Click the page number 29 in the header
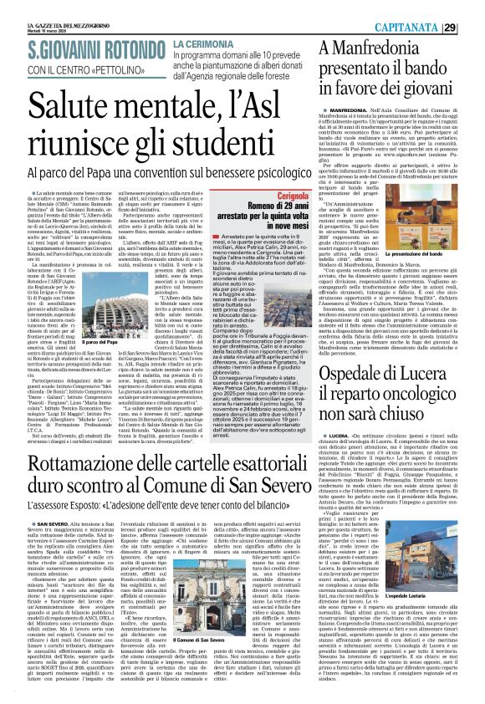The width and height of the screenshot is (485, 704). pyautogui.click(x=472, y=26)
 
